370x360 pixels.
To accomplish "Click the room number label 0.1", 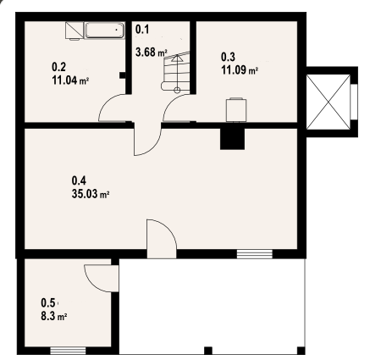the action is [x=142, y=30].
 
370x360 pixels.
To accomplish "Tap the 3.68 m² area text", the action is [x=152, y=53].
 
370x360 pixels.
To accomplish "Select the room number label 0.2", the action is [x=59, y=67].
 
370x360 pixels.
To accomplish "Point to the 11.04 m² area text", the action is [x=70, y=80].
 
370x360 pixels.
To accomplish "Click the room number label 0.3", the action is [x=228, y=57].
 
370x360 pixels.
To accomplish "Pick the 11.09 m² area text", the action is [x=240, y=70].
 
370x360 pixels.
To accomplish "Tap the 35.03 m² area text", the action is [x=91, y=194].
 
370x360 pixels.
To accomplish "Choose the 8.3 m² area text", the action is [x=54, y=316].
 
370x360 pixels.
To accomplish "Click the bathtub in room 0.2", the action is [x=104, y=30].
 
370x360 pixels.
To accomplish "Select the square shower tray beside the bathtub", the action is [x=75, y=30].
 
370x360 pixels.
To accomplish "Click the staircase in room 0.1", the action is [x=175, y=71].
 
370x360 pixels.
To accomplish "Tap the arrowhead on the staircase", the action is [x=177, y=58].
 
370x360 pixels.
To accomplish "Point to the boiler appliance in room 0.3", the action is [x=236, y=110].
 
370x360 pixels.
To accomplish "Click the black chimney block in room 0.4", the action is [x=232, y=139].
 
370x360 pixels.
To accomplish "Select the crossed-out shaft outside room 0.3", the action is [x=329, y=102].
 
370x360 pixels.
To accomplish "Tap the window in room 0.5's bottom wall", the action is [x=68, y=351].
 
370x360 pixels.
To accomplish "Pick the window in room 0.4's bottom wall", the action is [x=255, y=254].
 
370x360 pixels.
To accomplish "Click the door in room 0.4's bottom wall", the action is [x=162, y=239].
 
